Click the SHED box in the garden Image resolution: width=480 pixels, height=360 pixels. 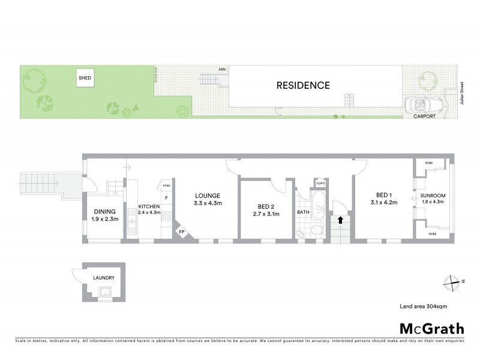[x=85, y=78]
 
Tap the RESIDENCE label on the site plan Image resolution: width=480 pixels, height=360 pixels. [x=303, y=85]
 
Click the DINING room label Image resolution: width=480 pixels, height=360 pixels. [x=104, y=211]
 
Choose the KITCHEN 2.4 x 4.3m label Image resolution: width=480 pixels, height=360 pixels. [x=149, y=209]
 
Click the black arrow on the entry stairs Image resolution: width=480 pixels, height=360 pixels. [x=340, y=220]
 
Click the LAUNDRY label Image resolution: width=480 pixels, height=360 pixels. [x=103, y=278]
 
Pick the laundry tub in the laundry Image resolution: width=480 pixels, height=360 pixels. [x=107, y=292]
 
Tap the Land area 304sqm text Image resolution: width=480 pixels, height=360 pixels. [x=424, y=307]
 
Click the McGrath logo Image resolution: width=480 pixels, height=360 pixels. [x=432, y=328]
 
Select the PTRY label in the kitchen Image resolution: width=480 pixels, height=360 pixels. [x=167, y=187]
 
